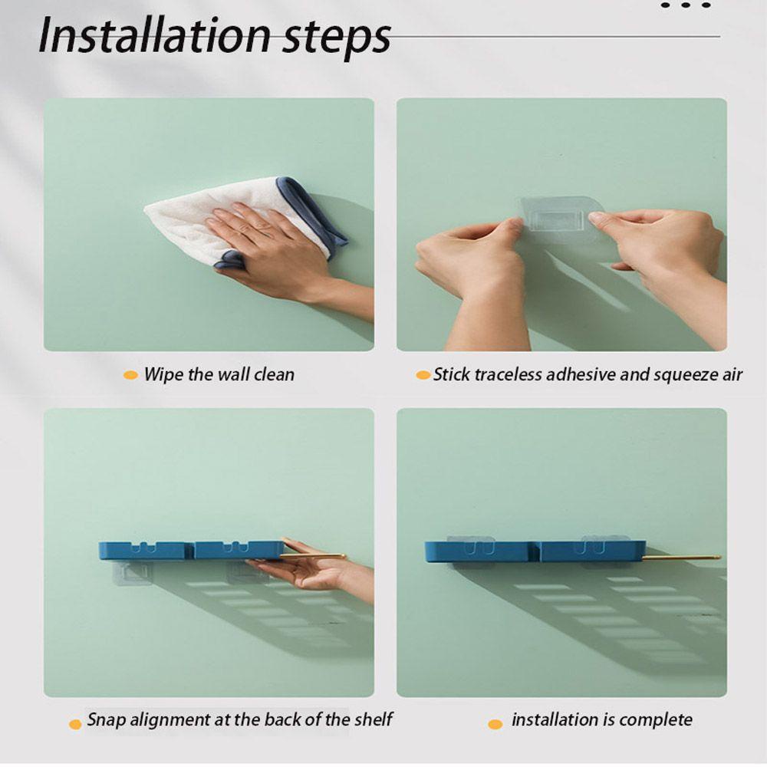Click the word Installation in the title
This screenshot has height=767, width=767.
(x=154, y=35)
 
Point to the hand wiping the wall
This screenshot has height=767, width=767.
(x=284, y=255)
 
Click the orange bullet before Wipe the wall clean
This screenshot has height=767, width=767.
(x=130, y=375)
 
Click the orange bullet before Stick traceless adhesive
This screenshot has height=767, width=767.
(x=423, y=375)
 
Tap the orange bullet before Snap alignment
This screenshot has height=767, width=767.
(x=75, y=725)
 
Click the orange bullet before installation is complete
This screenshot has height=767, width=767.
(x=495, y=725)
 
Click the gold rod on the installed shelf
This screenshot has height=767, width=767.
(x=682, y=557)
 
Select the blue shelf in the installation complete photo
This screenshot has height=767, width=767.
(x=535, y=551)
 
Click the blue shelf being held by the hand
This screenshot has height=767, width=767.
(x=191, y=550)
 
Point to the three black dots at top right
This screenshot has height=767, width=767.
(x=685, y=5)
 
